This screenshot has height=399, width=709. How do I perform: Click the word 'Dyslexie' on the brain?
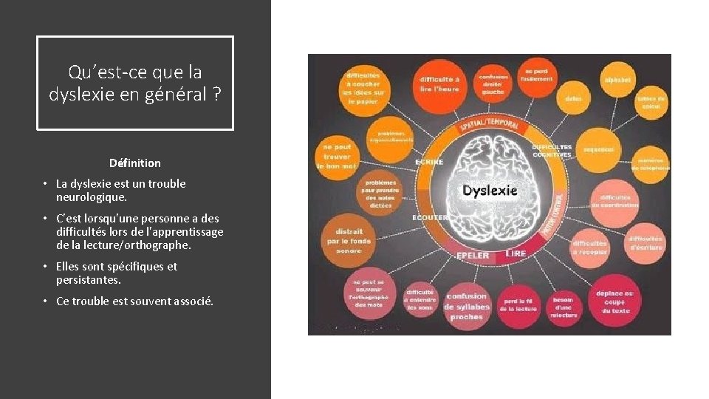(490, 191)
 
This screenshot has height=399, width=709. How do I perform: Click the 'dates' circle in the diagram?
(573, 98)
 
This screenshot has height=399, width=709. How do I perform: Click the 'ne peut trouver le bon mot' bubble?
(337, 156)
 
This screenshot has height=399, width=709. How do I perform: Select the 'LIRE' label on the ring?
(516, 253)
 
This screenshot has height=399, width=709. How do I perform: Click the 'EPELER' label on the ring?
(473, 255)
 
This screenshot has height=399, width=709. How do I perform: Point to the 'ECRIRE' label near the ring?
(429, 161)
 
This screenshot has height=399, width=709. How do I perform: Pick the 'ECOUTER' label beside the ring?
(430, 217)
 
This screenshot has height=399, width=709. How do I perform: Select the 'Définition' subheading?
(134, 163)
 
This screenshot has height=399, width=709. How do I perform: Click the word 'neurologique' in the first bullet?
(91, 198)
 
